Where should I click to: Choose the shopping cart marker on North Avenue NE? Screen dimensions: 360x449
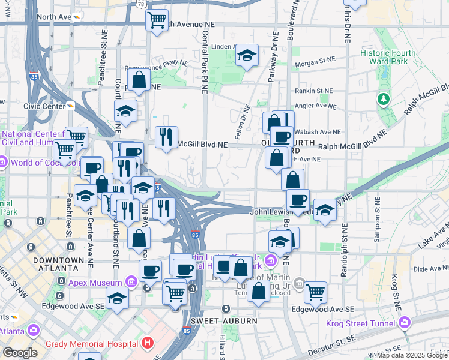[157, 20]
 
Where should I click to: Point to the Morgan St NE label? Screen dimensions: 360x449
[313, 61]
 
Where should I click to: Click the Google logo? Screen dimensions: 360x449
[20, 353]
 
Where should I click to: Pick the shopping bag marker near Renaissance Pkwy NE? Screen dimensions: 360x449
[138, 80]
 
